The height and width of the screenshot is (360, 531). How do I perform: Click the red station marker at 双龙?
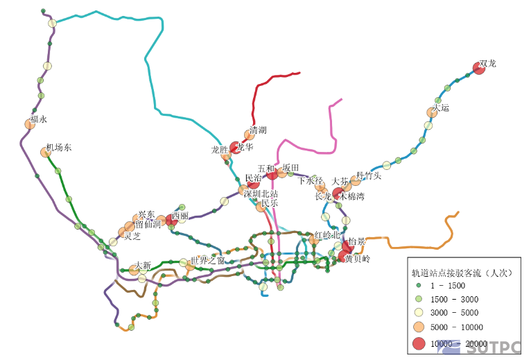[478, 67]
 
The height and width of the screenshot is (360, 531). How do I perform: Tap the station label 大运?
[441, 108]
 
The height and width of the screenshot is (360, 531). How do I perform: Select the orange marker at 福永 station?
[30, 124]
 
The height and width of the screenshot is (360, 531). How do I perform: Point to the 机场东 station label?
[59, 148]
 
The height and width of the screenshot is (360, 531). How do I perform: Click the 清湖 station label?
[258, 130]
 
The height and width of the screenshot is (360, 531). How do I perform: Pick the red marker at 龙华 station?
[236, 148]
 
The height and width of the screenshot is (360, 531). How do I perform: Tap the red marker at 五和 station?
[272, 173]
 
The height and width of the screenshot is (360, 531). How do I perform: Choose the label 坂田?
[290, 168]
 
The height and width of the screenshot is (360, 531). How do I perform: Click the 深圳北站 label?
[261, 194]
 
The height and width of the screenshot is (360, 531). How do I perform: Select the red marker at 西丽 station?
[171, 221]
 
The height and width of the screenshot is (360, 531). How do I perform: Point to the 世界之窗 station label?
[208, 261]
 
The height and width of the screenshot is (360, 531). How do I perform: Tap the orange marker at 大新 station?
[134, 271]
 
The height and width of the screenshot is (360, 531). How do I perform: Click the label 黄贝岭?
[358, 259]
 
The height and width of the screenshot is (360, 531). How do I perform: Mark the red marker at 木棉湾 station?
[338, 194]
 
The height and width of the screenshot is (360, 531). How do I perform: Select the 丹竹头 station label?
[369, 175]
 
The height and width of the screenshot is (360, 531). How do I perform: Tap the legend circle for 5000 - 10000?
[418, 327]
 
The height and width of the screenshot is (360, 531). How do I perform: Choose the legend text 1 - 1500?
[448, 286]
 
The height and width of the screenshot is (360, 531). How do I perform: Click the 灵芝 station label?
[132, 236]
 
